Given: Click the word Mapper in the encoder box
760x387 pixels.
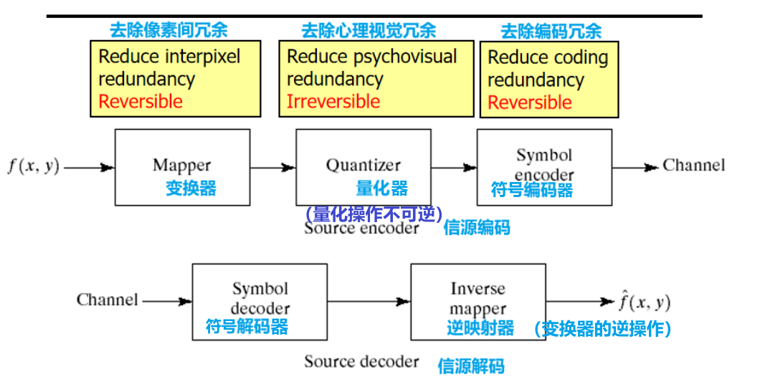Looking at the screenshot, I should [181, 165].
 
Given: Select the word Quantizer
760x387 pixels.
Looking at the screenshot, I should [363, 166].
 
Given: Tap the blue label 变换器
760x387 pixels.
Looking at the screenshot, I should [191, 188].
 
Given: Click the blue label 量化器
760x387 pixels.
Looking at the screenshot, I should [381, 188].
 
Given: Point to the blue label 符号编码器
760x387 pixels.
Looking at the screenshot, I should [531, 190].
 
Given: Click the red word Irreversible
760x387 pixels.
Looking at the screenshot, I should [333, 102].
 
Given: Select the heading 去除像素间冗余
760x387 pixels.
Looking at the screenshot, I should [168, 30].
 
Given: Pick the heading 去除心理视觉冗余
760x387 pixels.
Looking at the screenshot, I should [368, 30].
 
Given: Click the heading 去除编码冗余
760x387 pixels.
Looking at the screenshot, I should [551, 31].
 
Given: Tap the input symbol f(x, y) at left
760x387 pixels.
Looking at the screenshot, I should [33, 166].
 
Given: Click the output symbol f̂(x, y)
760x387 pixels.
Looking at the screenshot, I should [645, 302].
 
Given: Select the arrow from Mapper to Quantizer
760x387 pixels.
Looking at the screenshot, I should [272, 168].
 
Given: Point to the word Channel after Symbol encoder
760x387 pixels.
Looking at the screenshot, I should [693, 166].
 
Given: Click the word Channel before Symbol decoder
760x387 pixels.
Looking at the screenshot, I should [108, 300].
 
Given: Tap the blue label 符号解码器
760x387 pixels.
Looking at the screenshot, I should [247, 327].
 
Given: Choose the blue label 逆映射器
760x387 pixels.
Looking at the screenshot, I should [480, 328].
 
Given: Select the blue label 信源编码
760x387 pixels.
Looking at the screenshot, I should [477, 228].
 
